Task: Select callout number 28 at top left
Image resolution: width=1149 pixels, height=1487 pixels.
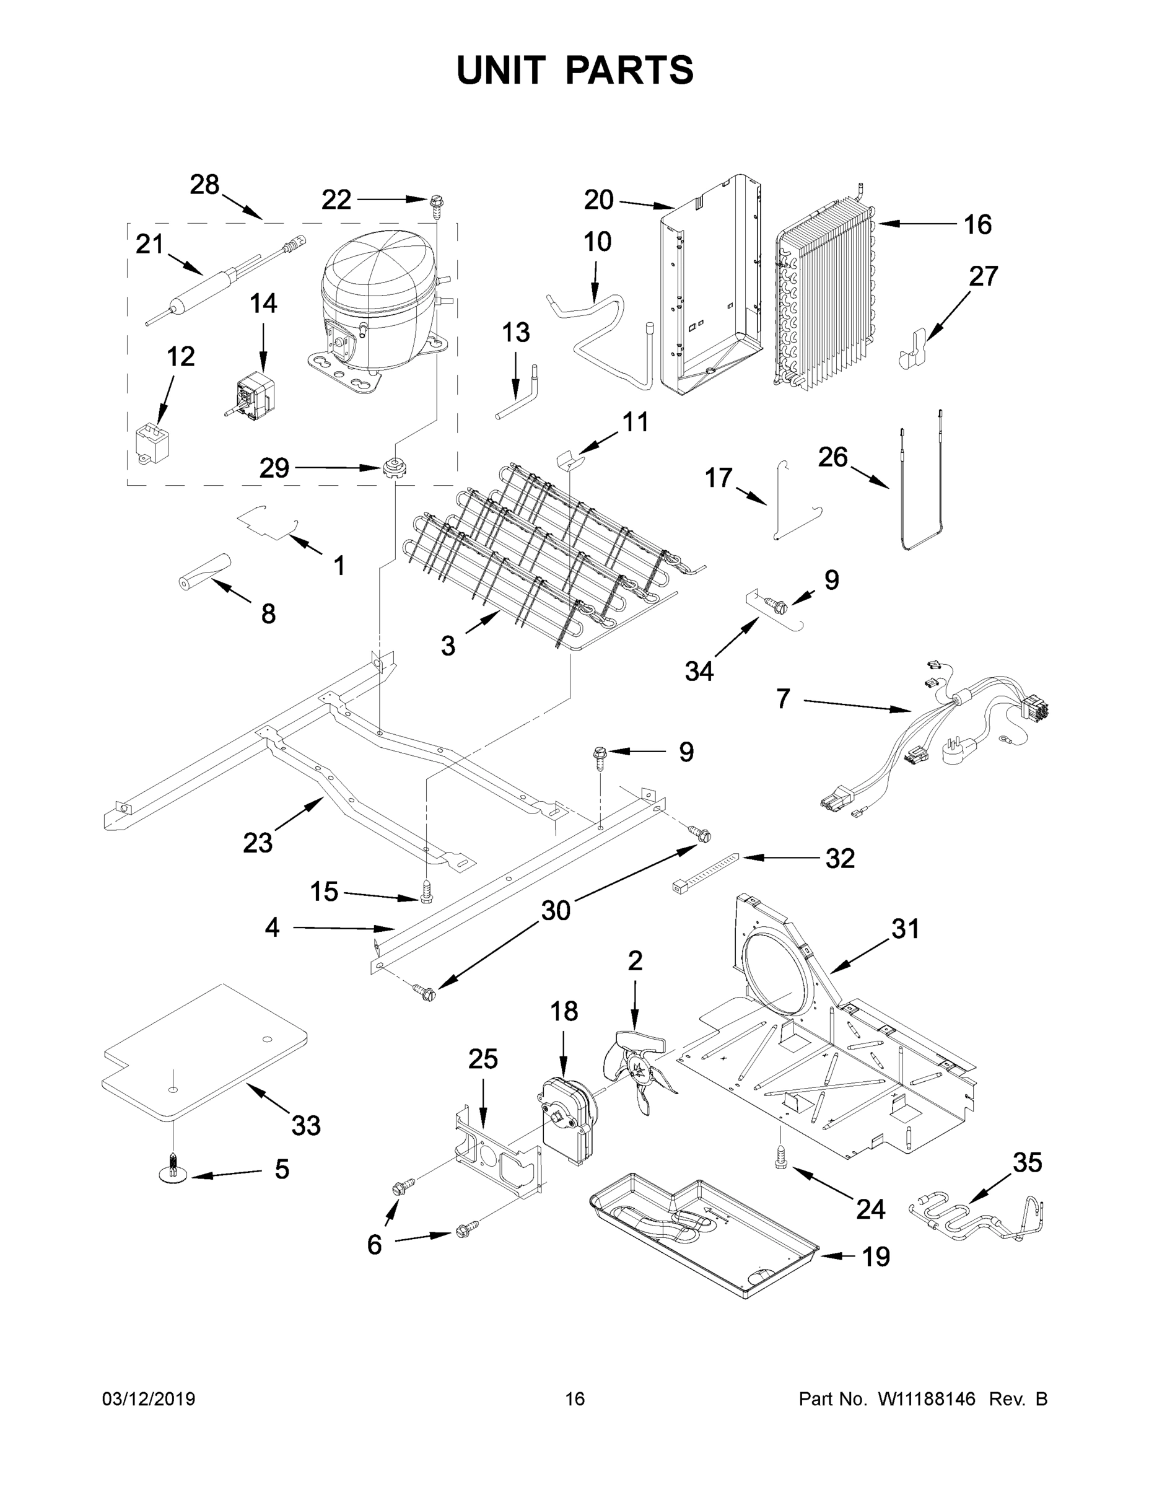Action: tap(204, 185)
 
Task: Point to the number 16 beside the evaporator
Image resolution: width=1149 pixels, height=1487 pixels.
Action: tap(977, 225)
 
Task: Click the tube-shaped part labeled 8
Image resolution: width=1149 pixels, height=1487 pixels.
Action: tap(204, 571)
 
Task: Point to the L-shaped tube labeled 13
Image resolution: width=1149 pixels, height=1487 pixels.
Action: tap(520, 395)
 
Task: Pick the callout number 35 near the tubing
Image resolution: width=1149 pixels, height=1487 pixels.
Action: tap(1026, 1163)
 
